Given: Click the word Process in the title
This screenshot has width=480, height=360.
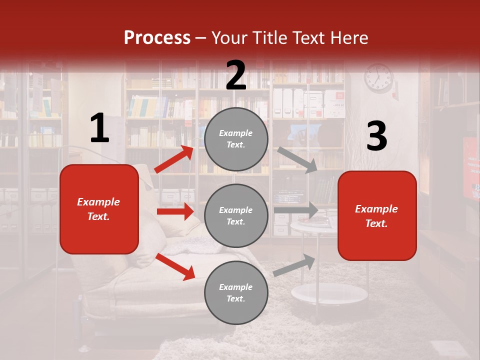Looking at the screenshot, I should (x=157, y=38).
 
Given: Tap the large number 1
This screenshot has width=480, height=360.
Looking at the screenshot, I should (x=99, y=128).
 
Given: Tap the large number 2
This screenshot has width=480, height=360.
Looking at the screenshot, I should (x=236, y=75).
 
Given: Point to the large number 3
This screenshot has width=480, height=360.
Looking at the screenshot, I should (x=376, y=136).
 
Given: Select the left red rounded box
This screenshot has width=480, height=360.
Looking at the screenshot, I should (x=99, y=209).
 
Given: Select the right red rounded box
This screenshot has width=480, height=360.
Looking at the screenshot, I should (x=377, y=215).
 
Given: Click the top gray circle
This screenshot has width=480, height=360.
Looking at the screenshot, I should (x=236, y=139).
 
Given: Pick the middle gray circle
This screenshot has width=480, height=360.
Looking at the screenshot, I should (x=236, y=215).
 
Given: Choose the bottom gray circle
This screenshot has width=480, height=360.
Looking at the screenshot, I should (x=236, y=292).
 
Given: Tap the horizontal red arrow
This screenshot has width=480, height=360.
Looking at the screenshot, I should (x=175, y=211).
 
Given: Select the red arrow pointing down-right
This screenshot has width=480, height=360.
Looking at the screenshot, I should (x=175, y=266).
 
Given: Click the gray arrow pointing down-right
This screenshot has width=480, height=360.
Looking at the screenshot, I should (x=297, y=160).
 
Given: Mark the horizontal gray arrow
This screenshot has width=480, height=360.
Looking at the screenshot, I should (x=296, y=210).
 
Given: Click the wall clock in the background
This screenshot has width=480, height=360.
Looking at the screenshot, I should (x=378, y=78).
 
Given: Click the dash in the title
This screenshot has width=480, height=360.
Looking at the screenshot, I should (x=201, y=38).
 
